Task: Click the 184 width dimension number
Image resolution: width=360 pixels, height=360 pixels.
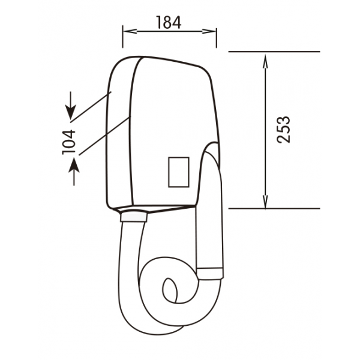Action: coord(169,22)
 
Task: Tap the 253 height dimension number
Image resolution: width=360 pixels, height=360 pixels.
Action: coord(284,130)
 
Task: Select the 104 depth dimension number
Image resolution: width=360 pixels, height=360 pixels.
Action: coord(68,142)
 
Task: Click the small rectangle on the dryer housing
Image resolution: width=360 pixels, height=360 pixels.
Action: coord(179,172)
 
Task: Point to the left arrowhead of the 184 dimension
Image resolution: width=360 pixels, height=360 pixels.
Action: coord(130,31)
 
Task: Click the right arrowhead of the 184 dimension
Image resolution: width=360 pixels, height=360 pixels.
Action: coord(209,31)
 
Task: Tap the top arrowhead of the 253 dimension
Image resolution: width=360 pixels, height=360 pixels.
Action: coord(265,61)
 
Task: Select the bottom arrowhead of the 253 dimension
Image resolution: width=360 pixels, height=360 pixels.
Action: coord(265,202)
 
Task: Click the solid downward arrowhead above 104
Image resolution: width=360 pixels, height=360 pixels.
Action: coord(70,112)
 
